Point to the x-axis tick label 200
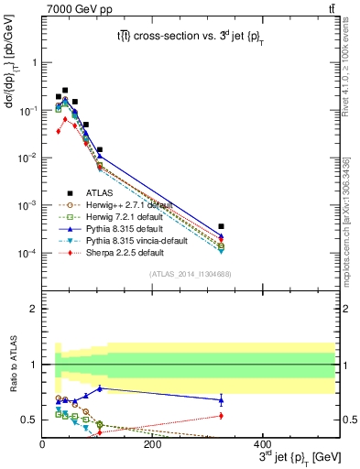click(x=153, y=443)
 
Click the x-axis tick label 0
click(x=43, y=443)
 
